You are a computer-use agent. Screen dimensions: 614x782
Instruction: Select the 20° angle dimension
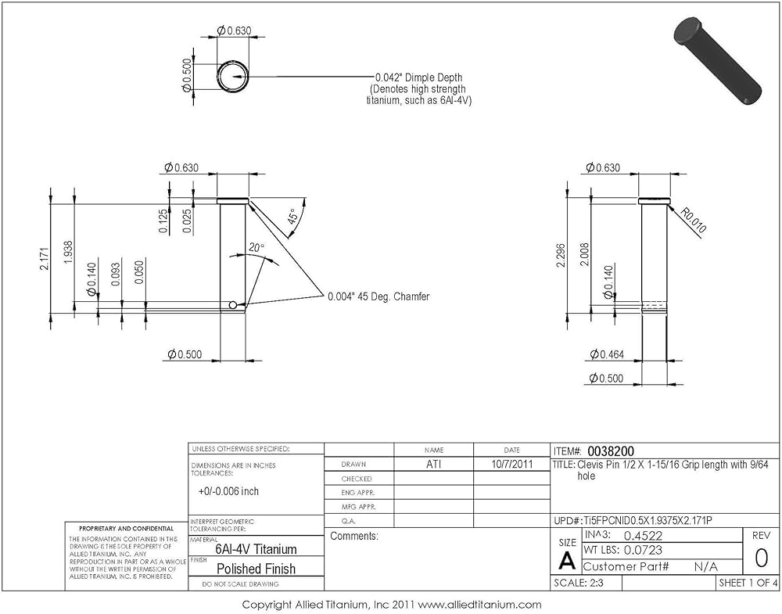tap(256, 248)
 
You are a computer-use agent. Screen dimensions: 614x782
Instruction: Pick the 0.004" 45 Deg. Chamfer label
tap(378, 296)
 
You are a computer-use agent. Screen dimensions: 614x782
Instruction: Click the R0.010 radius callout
tap(693, 221)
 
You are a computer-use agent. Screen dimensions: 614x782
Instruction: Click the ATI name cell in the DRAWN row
tap(433, 464)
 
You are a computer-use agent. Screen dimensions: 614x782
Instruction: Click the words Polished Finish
tap(256, 569)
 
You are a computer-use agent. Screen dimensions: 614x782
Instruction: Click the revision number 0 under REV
tap(760, 558)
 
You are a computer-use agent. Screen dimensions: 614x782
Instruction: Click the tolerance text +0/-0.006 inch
tap(228, 491)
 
